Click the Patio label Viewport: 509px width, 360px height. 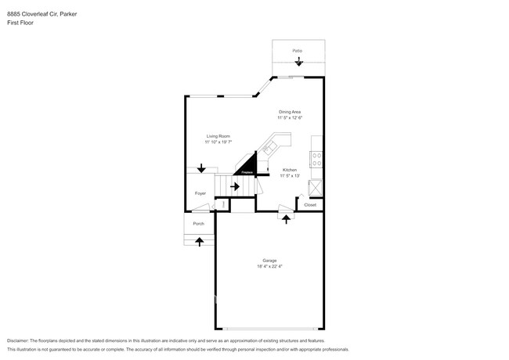pos(298,51)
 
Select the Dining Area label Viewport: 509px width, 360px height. pos(290,112)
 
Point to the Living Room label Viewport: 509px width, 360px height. pos(218,136)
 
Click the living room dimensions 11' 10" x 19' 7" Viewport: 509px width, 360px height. pos(218,142)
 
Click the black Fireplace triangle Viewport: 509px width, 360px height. pos(247,166)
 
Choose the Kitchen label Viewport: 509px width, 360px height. pos(289,170)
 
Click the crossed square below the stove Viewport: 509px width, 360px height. pos(316,187)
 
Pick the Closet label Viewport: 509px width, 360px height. pos(310,205)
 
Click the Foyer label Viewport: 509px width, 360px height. pos(200,193)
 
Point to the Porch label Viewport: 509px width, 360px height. pos(199,224)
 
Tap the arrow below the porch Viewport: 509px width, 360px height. pos(199,242)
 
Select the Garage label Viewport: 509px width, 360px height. pos(269,261)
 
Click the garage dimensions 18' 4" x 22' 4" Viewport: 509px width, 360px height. pos(269,267)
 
